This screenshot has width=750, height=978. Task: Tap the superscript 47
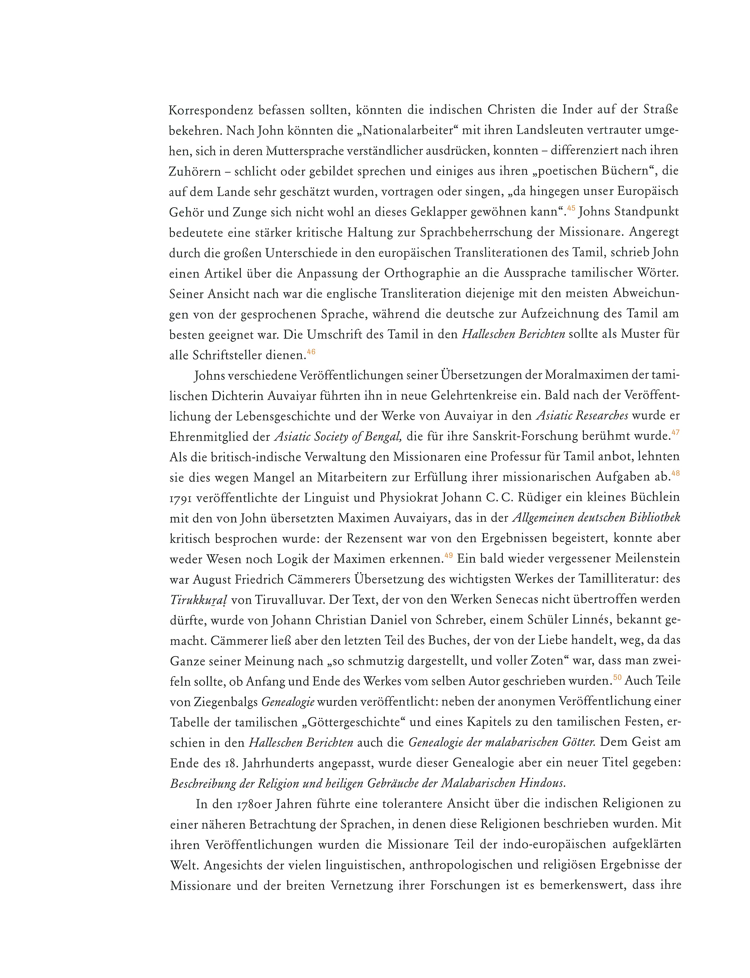click(x=675, y=432)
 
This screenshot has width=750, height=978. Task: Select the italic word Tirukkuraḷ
click(x=199, y=600)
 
